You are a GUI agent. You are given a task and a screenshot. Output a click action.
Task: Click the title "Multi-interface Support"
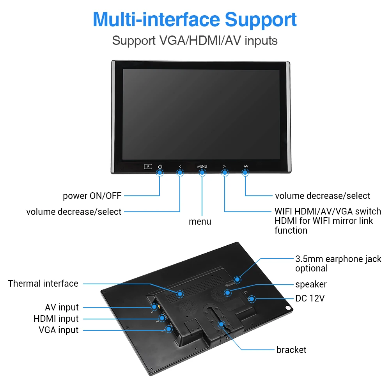pyautogui.click(x=195, y=19)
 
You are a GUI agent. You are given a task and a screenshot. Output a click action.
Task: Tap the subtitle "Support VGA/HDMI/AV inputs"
pyautogui.click(x=195, y=41)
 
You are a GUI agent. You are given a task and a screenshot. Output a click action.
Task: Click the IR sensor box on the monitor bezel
pyautogui.click(x=148, y=167)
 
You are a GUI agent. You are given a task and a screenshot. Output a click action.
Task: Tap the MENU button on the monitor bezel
pyautogui.click(x=202, y=167)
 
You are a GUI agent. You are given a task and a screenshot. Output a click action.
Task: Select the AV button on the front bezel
pyautogui.click(x=246, y=167)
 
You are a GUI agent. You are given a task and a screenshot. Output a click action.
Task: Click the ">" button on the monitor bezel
pyautogui.click(x=224, y=167)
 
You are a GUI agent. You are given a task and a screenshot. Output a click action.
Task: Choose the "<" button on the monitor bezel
pyautogui.click(x=180, y=167)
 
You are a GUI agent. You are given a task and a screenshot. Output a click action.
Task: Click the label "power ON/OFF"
pyautogui.click(x=92, y=196)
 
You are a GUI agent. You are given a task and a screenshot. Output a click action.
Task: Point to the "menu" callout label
pyautogui.click(x=200, y=222)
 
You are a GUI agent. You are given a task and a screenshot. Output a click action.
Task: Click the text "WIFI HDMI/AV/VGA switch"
pyautogui.click(x=328, y=211)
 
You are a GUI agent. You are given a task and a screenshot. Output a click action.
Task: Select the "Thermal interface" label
pyautogui.click(x=43, y=284)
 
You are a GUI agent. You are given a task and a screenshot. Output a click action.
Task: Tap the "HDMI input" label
pyautogui.click(x=56, y=319)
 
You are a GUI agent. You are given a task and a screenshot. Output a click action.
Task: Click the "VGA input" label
pyautogui.click(x=58, y=330)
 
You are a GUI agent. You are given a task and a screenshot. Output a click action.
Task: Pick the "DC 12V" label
pyautogui.click(x=310, y=299)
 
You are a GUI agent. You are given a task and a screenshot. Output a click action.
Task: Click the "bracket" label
pyautogui.click(x=291, y=350)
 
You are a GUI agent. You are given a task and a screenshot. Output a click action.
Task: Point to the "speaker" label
pyautogui.click(x=311, y=284)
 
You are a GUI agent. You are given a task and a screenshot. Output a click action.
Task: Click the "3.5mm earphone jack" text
pyautogui.click(x=338, y=259)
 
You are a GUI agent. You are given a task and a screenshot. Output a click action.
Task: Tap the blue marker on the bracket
pyautogui.click(x=221, y=324)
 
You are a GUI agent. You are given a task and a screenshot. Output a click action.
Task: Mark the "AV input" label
pyautogui.click(x=62, y=307)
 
